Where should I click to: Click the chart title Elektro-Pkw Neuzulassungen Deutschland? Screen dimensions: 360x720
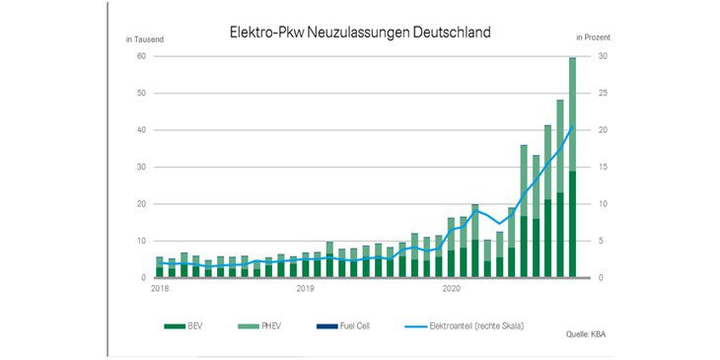point(359,33)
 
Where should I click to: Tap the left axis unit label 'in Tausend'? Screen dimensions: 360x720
point(144,38)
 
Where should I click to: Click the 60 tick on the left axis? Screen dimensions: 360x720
point(142,57)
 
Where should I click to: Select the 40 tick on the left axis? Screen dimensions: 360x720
point(142,130)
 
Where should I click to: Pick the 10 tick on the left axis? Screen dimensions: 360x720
point(142,241)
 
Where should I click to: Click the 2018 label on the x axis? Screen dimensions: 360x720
point(160,289)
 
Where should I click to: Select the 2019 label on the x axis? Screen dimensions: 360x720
point(305,289)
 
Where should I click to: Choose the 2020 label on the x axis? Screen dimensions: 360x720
point(451,289)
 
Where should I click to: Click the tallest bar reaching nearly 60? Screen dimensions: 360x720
point(572,168)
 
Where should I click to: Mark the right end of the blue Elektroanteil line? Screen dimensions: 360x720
point(572,126)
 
